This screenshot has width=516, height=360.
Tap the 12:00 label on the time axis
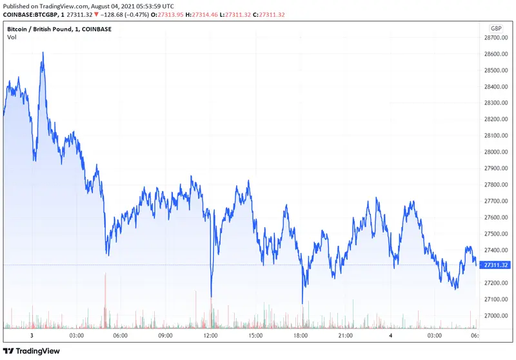(x=210, y=336)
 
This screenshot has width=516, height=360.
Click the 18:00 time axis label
(x=300, y=336)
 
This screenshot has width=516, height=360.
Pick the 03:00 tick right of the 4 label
(x=434, y=336)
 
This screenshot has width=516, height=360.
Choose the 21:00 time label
(x=345, y=336)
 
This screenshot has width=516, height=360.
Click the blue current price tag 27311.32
(x=497, y=265)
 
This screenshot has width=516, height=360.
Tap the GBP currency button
(x=496, y=28)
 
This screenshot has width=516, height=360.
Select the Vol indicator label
(x=12, y=37)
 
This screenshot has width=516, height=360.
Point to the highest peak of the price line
(x=43, y=53)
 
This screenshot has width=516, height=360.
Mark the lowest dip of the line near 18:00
(x=302, y=302)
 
